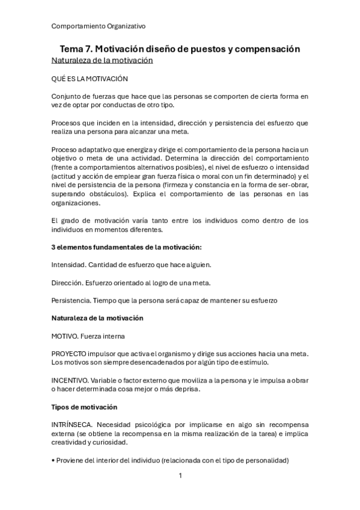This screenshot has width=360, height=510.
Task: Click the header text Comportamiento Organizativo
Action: point(99,26)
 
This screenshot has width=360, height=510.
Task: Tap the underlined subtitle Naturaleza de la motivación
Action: point(102,60)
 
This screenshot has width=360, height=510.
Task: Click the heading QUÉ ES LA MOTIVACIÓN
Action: point(90,79)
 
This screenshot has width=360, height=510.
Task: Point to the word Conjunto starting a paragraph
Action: point(67,96)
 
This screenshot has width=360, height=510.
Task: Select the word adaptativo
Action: point(97,150)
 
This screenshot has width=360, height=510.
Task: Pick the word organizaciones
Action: point(76,203)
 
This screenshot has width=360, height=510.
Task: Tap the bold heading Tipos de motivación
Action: point(89,406)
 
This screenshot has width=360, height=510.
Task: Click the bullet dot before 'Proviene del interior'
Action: point(53,460)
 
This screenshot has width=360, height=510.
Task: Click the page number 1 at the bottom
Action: point(180,476)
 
